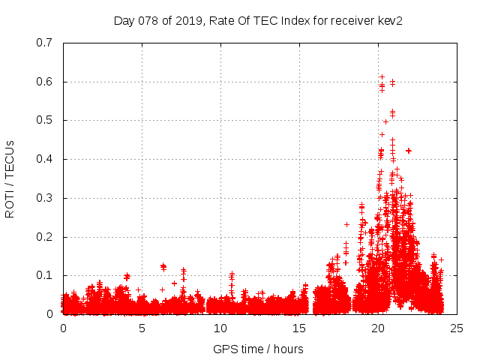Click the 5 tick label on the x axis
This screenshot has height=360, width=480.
click(142, 328)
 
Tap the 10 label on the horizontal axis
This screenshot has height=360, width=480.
click(220, 328)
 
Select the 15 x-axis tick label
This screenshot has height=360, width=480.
click(299, 328)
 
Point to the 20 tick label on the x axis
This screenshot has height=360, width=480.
click(378, 328)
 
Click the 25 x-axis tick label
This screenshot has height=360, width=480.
click(457, 328)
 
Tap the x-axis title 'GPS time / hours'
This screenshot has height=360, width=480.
click(259, 349)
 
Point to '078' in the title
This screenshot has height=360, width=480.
click(148, 20)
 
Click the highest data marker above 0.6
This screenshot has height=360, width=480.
click(382, 76)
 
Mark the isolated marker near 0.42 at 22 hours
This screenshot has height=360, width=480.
click(408, 151)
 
